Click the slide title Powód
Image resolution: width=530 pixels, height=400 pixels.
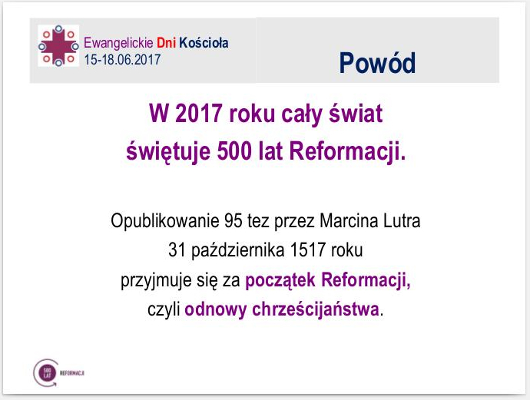(377, 63)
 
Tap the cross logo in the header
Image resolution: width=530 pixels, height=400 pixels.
(58, 45)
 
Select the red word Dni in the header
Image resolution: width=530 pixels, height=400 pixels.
(167, 43)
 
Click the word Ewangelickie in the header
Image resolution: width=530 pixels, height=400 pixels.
(118, 43)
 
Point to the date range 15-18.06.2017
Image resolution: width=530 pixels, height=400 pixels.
(123, 58)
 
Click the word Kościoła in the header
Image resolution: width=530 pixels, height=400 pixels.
(203, 43)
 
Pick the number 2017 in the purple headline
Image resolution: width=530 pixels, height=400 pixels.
(200, 117)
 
